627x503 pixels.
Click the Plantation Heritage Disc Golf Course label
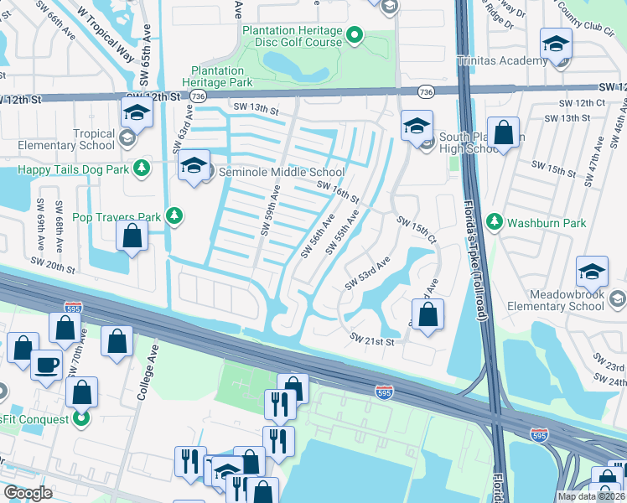292,36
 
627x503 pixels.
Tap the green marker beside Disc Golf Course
355,35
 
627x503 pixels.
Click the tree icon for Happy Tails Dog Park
143,168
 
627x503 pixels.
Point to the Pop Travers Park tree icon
174,216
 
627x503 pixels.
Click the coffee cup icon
46,365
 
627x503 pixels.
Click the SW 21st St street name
371,340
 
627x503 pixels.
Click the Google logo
28,492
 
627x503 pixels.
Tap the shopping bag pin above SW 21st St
427,316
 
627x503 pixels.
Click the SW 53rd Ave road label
366,275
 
